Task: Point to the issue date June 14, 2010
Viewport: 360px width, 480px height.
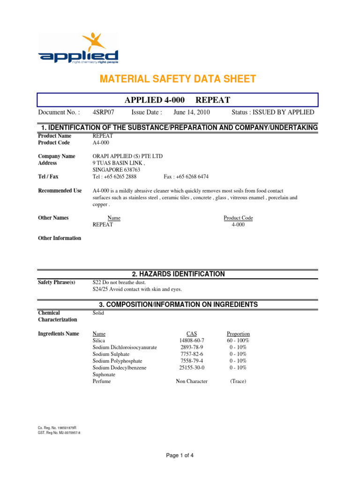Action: point(192,112)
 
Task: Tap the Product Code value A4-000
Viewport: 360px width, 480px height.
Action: point(101,142)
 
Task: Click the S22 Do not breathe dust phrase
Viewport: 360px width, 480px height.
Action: point(120,283)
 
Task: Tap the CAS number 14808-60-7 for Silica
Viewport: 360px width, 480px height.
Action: point(192,341)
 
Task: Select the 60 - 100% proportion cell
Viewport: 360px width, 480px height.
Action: point(238,341)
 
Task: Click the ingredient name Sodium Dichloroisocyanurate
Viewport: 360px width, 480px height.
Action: point(125,347)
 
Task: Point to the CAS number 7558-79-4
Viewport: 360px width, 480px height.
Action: point(192,361)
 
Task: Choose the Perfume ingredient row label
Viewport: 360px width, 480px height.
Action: point(102,382)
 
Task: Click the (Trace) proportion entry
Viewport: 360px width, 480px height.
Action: point(238,382)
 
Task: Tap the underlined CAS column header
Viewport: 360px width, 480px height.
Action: point(192,334)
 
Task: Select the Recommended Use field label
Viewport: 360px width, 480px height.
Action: point(60,191)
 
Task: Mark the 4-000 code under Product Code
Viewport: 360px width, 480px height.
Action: point(238,225)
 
